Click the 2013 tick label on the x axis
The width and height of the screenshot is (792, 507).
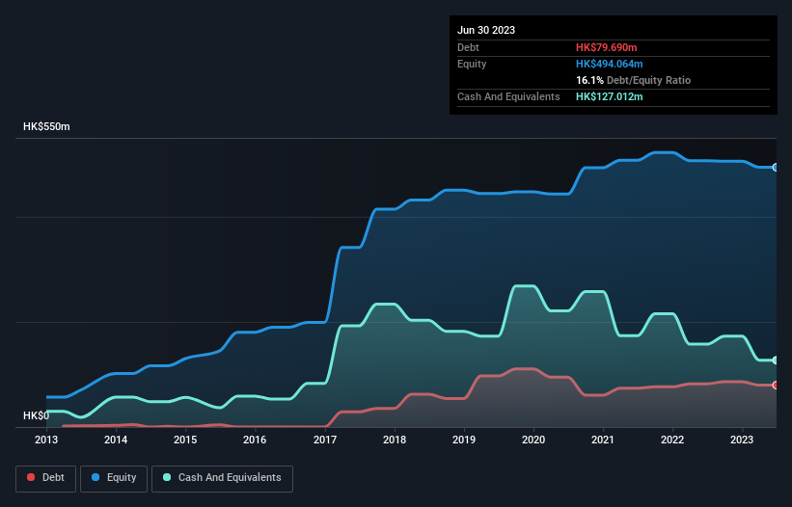tap(46, 440)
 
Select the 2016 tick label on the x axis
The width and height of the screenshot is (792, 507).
tap(255, 440)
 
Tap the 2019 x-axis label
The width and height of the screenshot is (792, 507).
tap(464, 440)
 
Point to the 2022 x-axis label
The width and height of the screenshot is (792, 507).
tap(672, 440)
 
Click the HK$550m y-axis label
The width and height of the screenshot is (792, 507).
tap(46, 127)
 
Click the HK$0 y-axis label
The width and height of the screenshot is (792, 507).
tap(36, 415)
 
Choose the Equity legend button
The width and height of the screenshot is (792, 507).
tap(113, 477)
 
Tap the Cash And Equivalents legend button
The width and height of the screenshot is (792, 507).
tap(222, 477)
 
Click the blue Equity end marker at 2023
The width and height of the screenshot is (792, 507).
tap(776, 168)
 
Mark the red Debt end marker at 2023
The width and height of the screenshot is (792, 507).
tap(776, 386)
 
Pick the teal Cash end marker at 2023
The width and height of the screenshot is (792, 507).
tap(776, 360)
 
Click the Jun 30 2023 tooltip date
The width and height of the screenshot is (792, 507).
tap(486, 30)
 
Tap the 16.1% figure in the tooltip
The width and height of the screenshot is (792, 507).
tap(589, 80)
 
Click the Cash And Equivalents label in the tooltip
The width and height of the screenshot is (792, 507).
tap(508, 96)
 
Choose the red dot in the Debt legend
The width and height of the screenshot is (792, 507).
tap(31, 477)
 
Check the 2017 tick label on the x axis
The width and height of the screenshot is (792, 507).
tap(324, 440)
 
